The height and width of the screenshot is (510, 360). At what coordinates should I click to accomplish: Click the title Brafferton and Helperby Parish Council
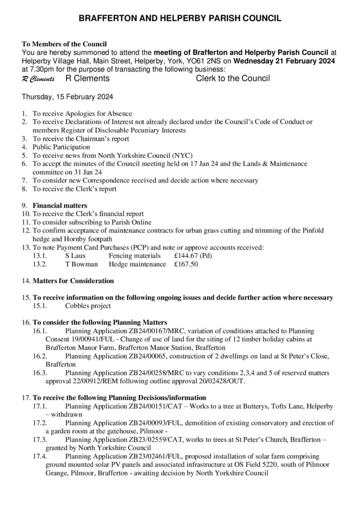point(180,18)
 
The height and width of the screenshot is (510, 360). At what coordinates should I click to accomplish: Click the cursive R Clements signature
point(38,79)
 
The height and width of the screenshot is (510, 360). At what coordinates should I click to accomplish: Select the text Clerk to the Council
point(233,78)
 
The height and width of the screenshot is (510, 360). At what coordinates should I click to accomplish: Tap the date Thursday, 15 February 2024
point(67,97)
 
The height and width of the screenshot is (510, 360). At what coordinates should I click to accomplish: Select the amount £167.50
point(186,264)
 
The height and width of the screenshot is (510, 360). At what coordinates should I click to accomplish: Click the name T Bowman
point(81,264)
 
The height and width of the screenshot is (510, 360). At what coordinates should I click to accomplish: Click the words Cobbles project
point(88,306)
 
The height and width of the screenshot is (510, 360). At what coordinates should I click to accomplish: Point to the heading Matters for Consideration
point(73,281)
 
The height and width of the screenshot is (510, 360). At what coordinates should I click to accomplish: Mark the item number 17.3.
point(39,440)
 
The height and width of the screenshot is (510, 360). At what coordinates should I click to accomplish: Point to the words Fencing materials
point(135,256)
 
